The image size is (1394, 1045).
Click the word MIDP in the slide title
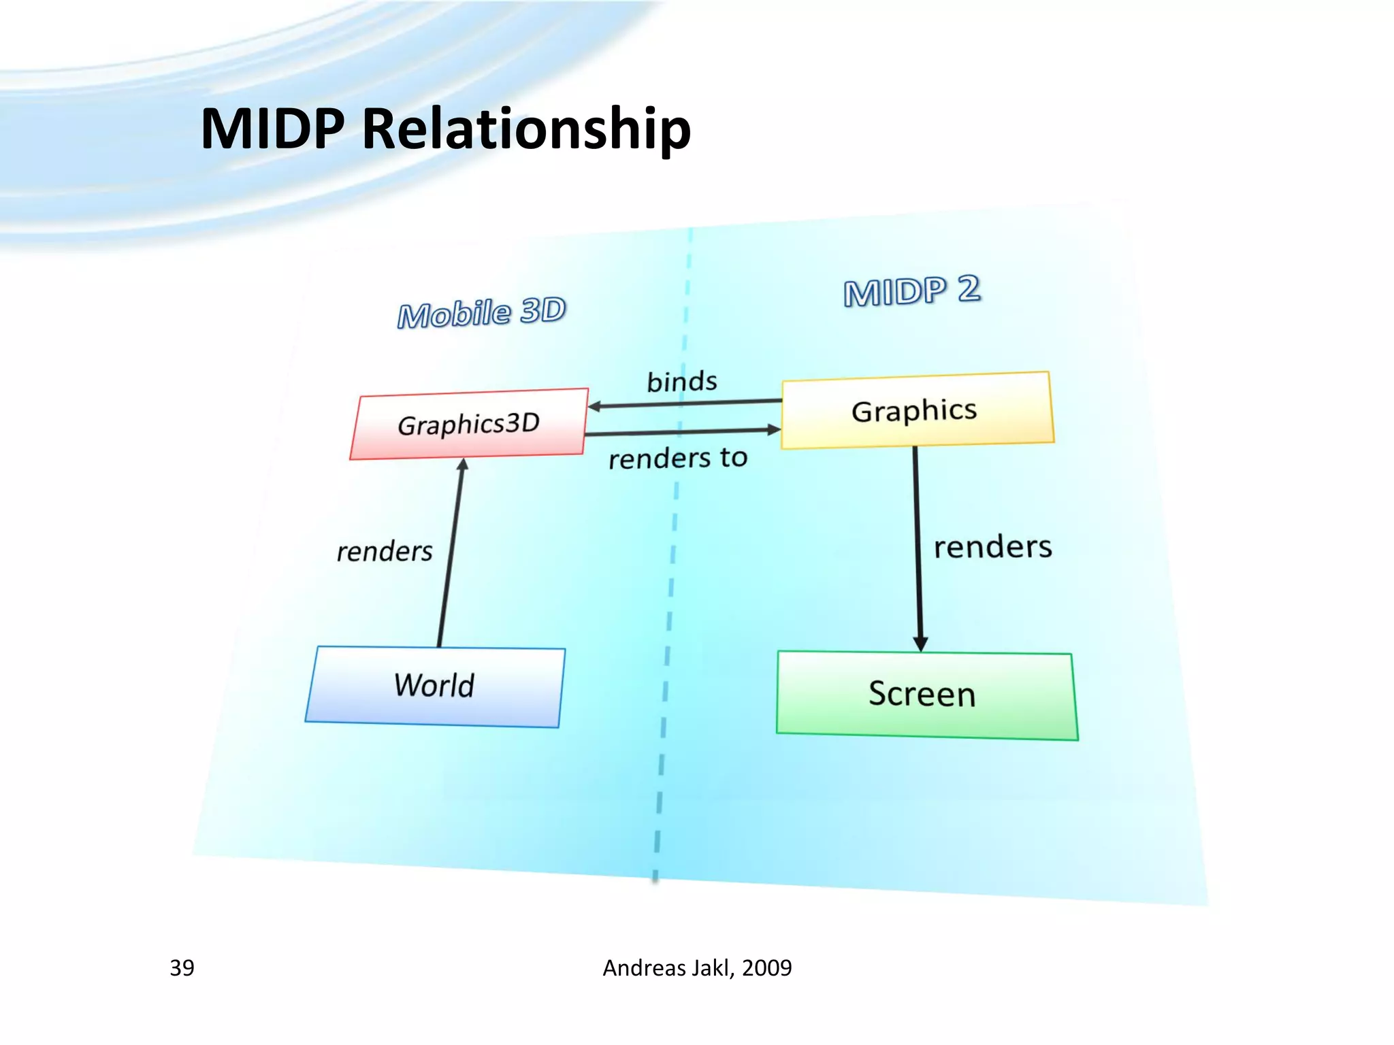click(272, 129)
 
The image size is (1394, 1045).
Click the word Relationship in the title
click(526, 129)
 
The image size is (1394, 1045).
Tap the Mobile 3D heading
click(482, 313)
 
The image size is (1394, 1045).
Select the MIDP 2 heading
click(911, 291)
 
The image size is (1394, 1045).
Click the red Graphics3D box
click(468, 424)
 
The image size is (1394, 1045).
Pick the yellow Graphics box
click(915, 410)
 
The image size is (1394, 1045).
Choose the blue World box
click(434, 686)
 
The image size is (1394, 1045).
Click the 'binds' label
click(681, 382)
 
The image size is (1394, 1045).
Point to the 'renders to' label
click(678, 458)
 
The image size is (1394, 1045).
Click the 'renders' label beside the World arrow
click(385, 551)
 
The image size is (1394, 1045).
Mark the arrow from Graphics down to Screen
click(918, 544)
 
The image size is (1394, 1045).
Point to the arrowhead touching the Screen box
click(920, 644)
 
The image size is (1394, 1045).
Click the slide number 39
click(182, 967)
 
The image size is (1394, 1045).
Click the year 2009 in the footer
click(767, 967)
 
